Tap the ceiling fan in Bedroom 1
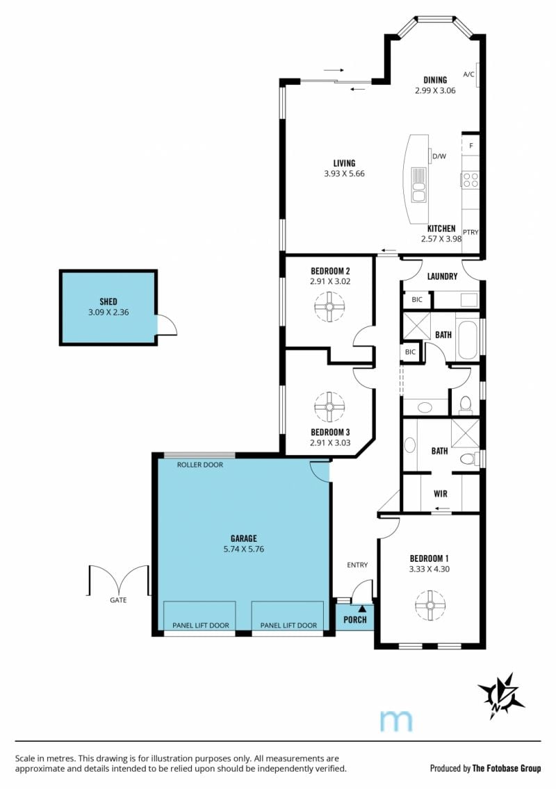pos(431,605)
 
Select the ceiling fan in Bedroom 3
pos(329,406)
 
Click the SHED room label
pos(108,301)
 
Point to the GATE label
pos(118,600)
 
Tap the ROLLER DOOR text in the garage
pos(200,465)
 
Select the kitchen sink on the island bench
pos(418,185)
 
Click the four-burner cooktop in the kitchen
pos(471,180)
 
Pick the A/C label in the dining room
pos(469,74)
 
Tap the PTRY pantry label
pos(471,232)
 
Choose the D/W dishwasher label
pos(440,156)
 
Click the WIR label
pos(440,494)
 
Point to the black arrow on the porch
pos(362,609)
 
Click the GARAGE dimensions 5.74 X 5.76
pos(244,549)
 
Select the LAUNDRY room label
pos(442,276)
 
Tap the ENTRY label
pos(357,565)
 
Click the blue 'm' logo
pos(396,721)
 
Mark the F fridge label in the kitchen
pos(471,146)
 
